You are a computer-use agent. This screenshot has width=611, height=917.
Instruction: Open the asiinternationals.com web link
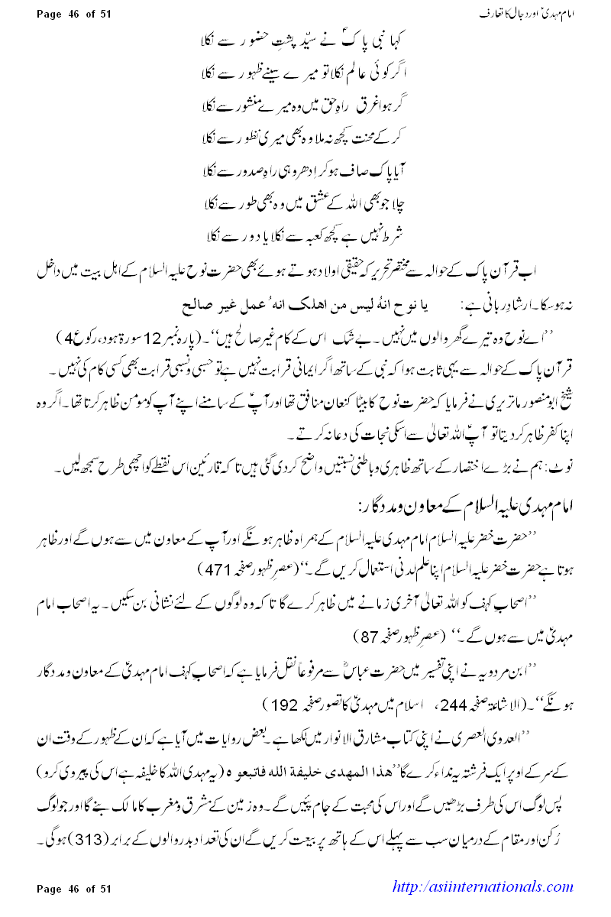[482, 887]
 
